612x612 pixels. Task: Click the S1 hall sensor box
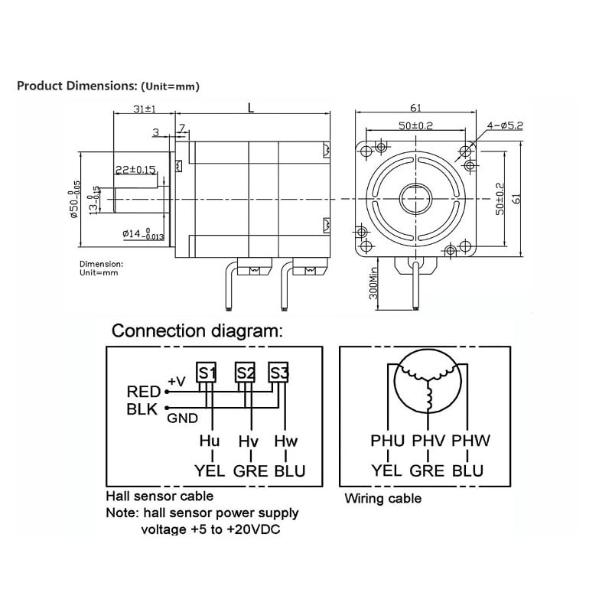click(x=207, y=373)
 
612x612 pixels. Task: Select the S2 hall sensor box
click(x=245, y=373)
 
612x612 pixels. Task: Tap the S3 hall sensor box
click(x=279, y=373)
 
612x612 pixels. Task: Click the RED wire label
click(x=143, y=392)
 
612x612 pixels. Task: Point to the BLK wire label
click(x=142, y=409)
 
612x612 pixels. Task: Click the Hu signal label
click(x=210, y=441)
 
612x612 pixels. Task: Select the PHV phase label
click(x=428, y=441)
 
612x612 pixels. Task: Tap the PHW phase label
click(x=470, y=441)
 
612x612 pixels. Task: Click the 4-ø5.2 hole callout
click(x=504, y=125)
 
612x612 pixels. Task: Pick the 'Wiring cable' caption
click(x=382, y=499)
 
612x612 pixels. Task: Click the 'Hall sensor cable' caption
click(x=159, y=496)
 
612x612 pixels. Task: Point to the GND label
click(x=183, y=418)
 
